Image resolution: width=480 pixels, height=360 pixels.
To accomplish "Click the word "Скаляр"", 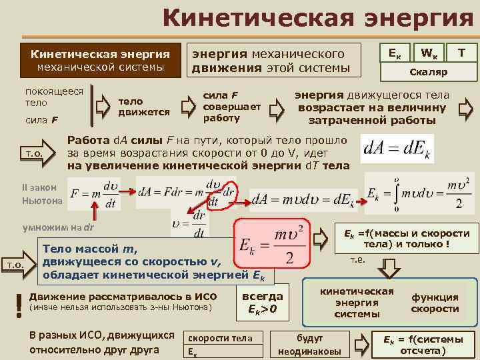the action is [428, 71].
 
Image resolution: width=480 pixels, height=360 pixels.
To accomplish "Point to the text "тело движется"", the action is [143, 107].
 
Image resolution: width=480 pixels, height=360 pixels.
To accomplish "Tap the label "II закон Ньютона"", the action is [42, 194].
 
